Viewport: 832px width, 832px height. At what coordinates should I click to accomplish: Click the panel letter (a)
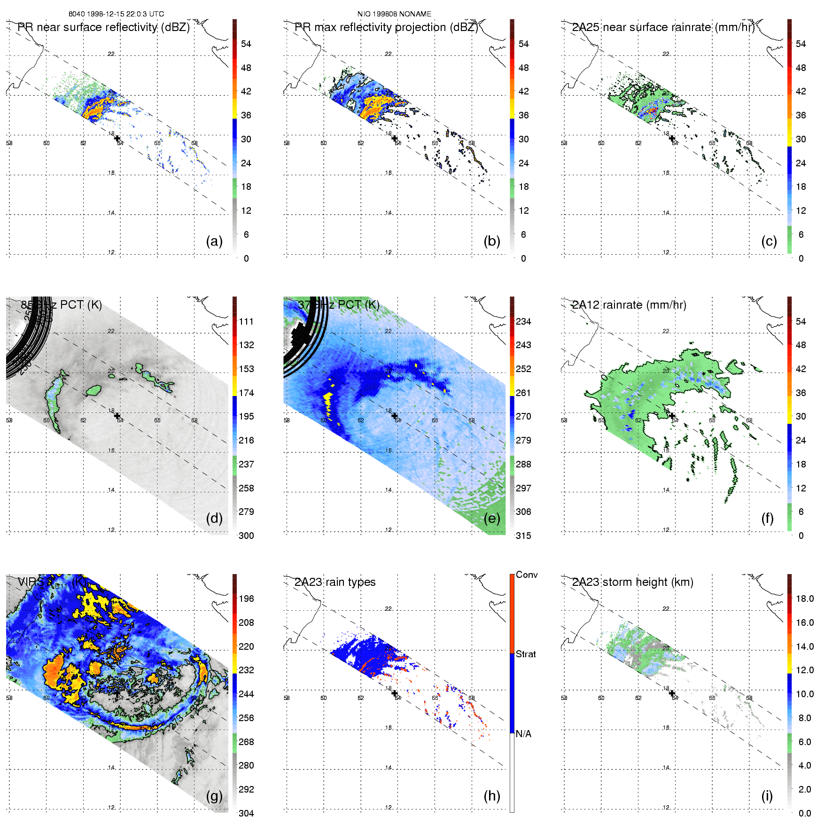click(214, 241)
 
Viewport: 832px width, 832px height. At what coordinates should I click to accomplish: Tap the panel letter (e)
click(491, 519)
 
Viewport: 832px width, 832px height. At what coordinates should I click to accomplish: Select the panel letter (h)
click(491, 796)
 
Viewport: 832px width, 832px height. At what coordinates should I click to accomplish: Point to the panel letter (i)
click(767, 796)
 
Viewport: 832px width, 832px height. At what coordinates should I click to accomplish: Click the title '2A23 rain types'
click(334, 582)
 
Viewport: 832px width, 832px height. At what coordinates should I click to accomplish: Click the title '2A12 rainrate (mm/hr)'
click(629, 305)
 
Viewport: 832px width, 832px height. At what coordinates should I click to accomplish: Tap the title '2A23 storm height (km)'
click(632, 582)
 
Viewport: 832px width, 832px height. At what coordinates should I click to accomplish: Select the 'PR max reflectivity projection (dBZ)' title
click(386, 27)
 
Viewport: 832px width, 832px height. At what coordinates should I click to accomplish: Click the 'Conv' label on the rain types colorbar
click(527, 575)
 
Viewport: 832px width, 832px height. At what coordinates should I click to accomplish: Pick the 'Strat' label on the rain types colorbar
click(526, 654)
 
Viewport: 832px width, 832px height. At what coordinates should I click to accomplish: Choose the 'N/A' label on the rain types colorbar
click(523, 734)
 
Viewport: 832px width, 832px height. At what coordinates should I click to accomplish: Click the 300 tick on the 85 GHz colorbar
click(246, 536)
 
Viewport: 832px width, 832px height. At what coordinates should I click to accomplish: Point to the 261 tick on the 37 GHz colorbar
click(523, 393)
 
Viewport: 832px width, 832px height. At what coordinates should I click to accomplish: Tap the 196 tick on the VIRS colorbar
click(246, 599)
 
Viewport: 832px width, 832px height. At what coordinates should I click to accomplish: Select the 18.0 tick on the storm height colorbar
click(804, 599)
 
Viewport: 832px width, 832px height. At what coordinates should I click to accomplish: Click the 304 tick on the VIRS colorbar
click(246, 813)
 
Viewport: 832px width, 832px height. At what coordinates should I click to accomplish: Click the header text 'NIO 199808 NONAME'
click(394, 14)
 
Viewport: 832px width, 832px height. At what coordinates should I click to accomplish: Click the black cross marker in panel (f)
click(672, 416)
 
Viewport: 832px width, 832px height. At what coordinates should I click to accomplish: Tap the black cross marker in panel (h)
click(395, 693)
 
